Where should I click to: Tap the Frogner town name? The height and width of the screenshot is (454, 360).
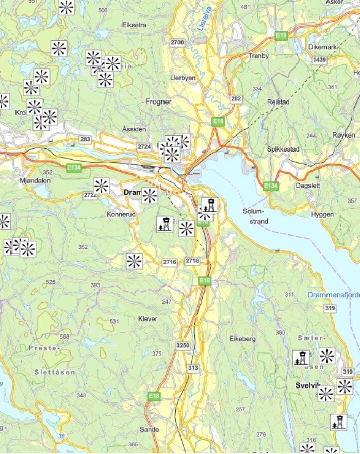pyautogui.click(x=158, y=102)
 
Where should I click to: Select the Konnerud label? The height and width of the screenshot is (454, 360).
pyautogui.click(x=121, y=214)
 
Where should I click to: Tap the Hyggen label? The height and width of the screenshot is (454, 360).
pyautogui.click(x=322, y=214)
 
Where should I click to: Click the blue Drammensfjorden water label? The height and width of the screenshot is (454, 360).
pyautogui.click(x=333, y=295)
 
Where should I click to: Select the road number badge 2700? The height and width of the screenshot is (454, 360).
pyautogui.click(x=177, y=42)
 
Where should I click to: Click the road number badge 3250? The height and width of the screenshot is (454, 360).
pyautogui.click(x=183, y=345)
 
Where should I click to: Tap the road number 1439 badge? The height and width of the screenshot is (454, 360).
pyautogui.click(x=320, y=60)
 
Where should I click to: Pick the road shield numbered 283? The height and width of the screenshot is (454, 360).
pyautogui.click(x=85, y=140)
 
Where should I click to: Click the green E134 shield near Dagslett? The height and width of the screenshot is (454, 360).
pyautogui.click(x=270, y=185)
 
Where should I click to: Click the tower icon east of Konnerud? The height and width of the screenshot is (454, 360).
pyautogui.click(x=165, y=224)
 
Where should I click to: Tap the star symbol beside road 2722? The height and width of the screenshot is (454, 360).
pyautogui.click(x=101, y=186)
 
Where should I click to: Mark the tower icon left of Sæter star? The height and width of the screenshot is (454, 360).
pyautogui.click(x=301, y=358)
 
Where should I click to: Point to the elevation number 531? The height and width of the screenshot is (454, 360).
pyautogui.click(x=114, y=322)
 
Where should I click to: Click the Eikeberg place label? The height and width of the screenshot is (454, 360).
pyautogui.click(x=242, y=339)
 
